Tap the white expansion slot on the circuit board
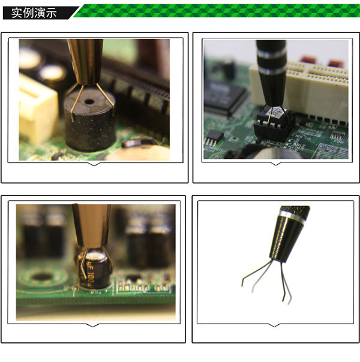coord(312,90)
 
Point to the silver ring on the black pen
coord(271,71)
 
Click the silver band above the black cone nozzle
coord(292,215)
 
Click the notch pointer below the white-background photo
coord(274,325)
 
